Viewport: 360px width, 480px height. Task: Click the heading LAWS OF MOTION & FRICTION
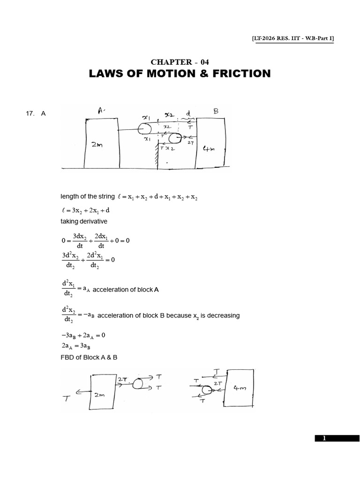180,74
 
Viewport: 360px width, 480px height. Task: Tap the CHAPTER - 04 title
180,62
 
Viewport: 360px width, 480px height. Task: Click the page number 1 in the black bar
323,438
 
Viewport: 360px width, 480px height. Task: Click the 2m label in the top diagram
97,145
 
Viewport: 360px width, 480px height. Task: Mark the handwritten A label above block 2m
101,111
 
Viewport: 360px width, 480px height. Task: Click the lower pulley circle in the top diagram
174,139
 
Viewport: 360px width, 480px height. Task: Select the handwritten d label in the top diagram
188,113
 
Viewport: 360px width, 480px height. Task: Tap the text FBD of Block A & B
89,357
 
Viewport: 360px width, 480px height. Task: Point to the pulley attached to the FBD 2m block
138,384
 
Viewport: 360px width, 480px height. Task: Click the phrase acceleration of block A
126,290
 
